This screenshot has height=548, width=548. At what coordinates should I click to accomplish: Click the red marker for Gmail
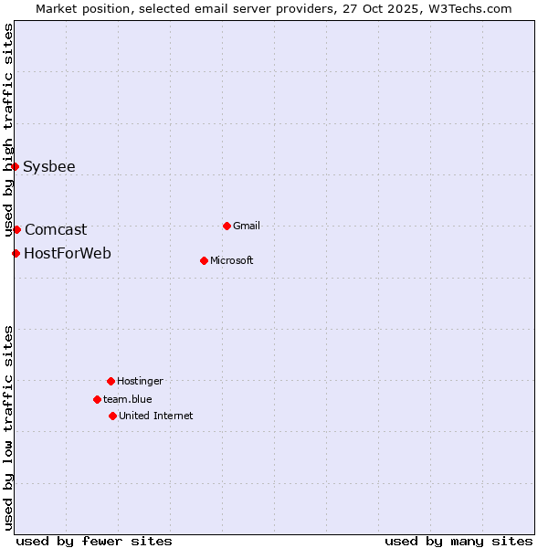coord(227,226)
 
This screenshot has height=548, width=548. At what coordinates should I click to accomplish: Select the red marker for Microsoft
coord(204,260)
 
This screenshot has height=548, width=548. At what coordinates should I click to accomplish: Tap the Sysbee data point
coord(15,166)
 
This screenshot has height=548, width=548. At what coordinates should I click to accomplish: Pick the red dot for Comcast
coord(16,229)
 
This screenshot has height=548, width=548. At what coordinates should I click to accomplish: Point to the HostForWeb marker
coord(16,253)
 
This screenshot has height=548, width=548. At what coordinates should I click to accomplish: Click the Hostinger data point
coord(111,381)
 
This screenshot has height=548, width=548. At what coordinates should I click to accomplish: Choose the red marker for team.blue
coord(97,399)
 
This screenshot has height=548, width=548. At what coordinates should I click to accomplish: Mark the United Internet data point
coord(112,416)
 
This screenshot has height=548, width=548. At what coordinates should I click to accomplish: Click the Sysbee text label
coord(49,166)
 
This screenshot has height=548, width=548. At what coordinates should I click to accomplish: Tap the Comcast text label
coord(56,229)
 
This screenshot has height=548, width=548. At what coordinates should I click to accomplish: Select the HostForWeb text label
coord(68,253)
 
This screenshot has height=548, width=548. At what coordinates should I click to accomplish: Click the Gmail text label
coord(247,226)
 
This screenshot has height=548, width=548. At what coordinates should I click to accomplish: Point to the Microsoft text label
coord(232,260)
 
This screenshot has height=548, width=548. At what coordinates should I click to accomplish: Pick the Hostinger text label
coord(140,381)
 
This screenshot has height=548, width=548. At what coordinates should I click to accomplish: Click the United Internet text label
coord(155,416)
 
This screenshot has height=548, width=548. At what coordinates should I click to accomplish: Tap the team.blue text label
coord(127,399)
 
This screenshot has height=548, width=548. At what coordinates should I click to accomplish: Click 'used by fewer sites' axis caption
coord(94,541)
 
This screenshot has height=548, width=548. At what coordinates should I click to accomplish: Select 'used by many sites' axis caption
coord(458,541)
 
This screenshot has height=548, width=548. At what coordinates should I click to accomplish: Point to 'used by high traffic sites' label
coord(8,131)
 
